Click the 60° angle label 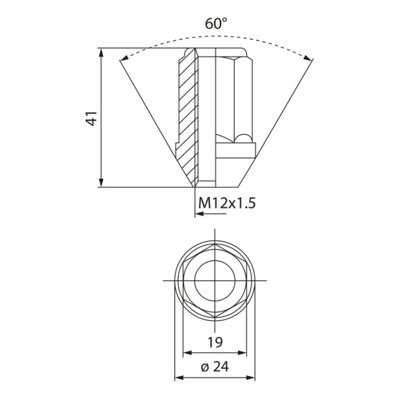216,23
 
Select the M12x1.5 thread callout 227,203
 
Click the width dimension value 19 215,342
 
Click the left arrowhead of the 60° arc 124,58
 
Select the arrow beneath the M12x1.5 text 198,214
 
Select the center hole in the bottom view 215,280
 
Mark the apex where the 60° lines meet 195,187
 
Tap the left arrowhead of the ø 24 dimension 177,377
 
